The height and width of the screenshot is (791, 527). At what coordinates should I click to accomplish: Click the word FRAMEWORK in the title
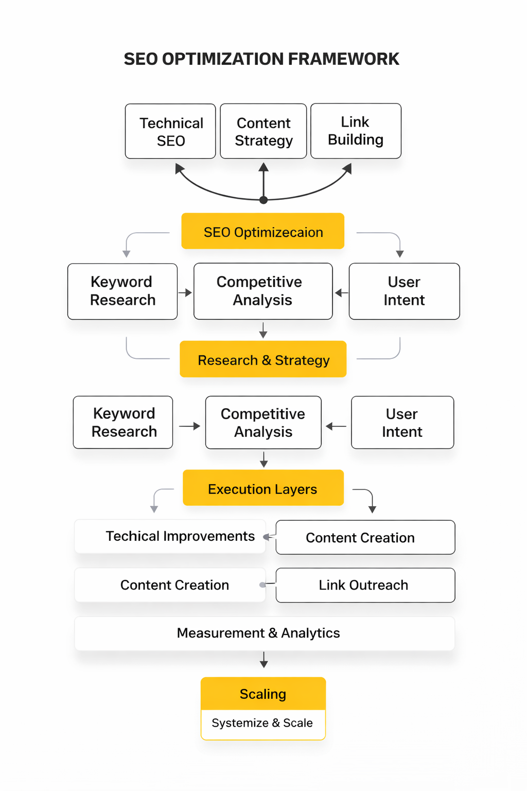coord(343,59)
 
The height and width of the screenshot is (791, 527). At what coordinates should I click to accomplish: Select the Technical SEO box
coord(170,131)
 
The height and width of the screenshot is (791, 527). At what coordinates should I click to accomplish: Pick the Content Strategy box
coord(263,131)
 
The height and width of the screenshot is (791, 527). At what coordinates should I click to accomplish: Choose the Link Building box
coord(356,131)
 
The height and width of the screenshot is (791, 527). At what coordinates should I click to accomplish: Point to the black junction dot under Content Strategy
coord(263,200)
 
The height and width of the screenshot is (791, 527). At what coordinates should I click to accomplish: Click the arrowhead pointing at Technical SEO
coord(180,168)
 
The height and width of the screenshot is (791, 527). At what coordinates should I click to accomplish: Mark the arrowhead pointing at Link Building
coord(347,168)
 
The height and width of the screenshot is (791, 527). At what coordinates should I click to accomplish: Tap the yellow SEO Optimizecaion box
coord(263,231)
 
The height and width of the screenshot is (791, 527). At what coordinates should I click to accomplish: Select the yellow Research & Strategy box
coord(263,359)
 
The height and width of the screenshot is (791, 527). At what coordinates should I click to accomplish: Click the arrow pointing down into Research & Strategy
coord(263,331)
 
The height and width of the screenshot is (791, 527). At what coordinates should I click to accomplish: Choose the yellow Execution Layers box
coord(263,488)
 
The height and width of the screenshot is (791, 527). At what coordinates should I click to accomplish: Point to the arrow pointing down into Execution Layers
coord(263,459)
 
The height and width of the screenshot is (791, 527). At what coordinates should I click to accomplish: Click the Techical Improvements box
coord(170,537)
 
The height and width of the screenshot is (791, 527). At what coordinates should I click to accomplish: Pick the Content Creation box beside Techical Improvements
coord(365,538)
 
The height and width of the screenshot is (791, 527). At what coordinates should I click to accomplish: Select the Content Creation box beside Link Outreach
coord(170,585)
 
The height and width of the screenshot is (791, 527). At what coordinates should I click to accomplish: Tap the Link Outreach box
coord(365,585)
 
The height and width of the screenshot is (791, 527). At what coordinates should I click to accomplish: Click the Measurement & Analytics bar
coord(265,633)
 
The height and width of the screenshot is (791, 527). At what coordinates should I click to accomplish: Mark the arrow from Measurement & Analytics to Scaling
coord(263,660)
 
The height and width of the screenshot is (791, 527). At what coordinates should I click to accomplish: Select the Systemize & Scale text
coord(262,723)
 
